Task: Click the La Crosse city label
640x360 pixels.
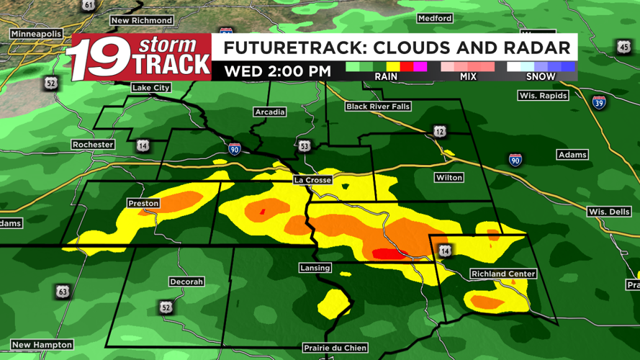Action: (x=312, y=180)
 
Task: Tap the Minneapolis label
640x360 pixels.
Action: (x=35, y=34)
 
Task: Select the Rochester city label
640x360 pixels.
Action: (x=93, y=145)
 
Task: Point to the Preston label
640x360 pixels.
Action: (x=143, y=204)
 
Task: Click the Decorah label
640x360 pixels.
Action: (x=186, y=282)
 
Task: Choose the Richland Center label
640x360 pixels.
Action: (x=503, y=274)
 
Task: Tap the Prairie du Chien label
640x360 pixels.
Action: (x=335, y=348)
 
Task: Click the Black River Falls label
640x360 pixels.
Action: (x=378, y=107)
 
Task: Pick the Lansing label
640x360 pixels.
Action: (x=315, y=268)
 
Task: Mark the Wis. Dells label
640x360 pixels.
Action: (x=609, y=212)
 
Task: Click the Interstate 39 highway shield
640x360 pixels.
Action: (x=599, y=103)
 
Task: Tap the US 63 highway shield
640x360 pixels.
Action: (x=63, y=292)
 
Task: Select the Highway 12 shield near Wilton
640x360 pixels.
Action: (x=440, y=131)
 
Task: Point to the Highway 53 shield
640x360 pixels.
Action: (x=305, y=146)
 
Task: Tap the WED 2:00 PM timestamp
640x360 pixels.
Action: (x=277, y=72)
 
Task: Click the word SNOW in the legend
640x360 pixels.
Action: (x=541, y=76)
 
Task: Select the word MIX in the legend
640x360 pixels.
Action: (x=468, y=76)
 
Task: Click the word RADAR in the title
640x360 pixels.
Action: (x=533, y=48)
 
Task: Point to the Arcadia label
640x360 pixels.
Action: (x=270, y=112)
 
